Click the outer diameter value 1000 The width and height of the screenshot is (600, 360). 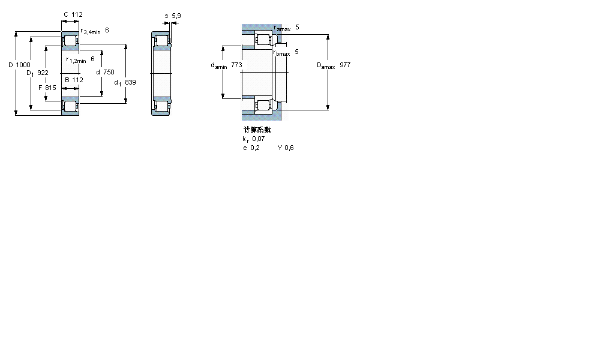click(23, 64)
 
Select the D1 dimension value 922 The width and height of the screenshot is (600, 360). click(43, 73)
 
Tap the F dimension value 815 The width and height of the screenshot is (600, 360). click(50, 88)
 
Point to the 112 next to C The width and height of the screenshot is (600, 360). click(77, 14)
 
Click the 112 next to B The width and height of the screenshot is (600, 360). click(77, 79)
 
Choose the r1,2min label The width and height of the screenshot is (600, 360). click(77, 60)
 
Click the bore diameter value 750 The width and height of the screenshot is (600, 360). click(109, 72)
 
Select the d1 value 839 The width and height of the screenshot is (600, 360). click(130, 82)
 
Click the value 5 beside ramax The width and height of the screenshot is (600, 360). click(297, 28)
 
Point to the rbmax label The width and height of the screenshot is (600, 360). click(281, 53)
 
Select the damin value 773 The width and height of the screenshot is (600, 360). click(237, 64)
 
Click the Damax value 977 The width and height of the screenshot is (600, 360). click(345, 64)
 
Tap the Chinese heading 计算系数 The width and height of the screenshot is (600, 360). click(257, 130)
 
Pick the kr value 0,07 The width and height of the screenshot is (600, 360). click(259, 139)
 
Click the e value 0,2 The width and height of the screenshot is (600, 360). click(256, 148)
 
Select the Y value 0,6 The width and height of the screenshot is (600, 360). click(289, 148)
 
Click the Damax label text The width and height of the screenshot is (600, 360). click(325, 65)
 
